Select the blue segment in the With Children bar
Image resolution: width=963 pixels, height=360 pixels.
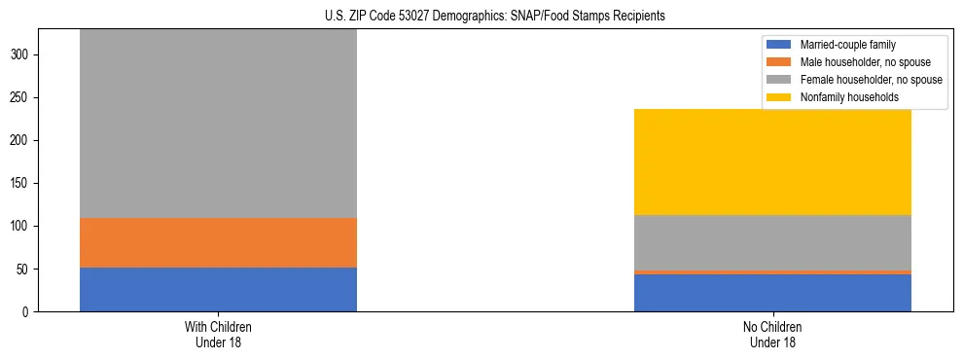click(218, 289)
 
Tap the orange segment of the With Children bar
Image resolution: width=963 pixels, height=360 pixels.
click(218, 242)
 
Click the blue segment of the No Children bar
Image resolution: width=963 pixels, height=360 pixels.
click(772, 293)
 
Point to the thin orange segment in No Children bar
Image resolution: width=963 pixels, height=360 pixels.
click(772, 272)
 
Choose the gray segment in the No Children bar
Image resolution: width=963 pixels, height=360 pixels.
click(772, 242)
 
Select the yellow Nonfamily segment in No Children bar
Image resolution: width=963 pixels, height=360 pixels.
click(772, 162)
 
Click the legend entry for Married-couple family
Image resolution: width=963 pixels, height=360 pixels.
click(845, 45)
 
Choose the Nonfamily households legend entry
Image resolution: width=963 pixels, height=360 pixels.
click(846, 97)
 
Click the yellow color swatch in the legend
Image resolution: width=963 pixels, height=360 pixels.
click(779, 97)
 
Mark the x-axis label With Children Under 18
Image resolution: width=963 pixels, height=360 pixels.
click(218, 334)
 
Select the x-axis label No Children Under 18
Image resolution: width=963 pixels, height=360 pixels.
click(772, 334)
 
